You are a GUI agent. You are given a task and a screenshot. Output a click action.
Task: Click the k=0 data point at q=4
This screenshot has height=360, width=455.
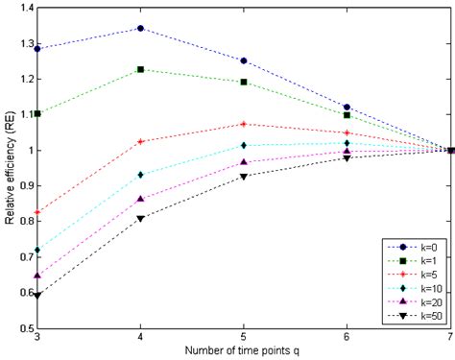pyautogui.click(x=141, y=29)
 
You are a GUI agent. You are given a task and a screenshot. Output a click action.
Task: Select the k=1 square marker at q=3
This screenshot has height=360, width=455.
pyautogui.click(x=37, y=113)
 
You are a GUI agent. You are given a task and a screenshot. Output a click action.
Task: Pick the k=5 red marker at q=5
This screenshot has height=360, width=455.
pyautogui.click(x=244, y=124)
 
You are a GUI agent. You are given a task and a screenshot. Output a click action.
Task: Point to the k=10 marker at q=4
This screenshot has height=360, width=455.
pyautogui.click(x=141, y=175)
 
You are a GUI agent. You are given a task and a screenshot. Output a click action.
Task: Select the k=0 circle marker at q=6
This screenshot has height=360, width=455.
pyautogui.click(x=347, y=107)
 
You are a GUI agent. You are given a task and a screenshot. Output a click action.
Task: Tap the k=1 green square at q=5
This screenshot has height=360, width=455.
pyautogui.click(x=244, y=83)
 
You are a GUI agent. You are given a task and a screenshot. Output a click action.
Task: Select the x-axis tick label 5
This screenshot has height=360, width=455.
pyautogui.click(x=244, y=338)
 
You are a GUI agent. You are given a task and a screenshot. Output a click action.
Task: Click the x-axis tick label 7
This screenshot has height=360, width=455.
pyautogui.click(x=450, y=338)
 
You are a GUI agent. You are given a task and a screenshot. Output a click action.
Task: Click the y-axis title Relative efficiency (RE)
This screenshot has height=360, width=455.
pyautogui.click(x=8, y=168)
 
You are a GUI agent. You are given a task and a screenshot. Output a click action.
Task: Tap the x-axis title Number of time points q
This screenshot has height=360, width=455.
pyautogui.click(x=244, y=352)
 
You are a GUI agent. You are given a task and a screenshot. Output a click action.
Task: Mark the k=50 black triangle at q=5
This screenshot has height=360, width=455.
pyautogui.click(x=244, y=177)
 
